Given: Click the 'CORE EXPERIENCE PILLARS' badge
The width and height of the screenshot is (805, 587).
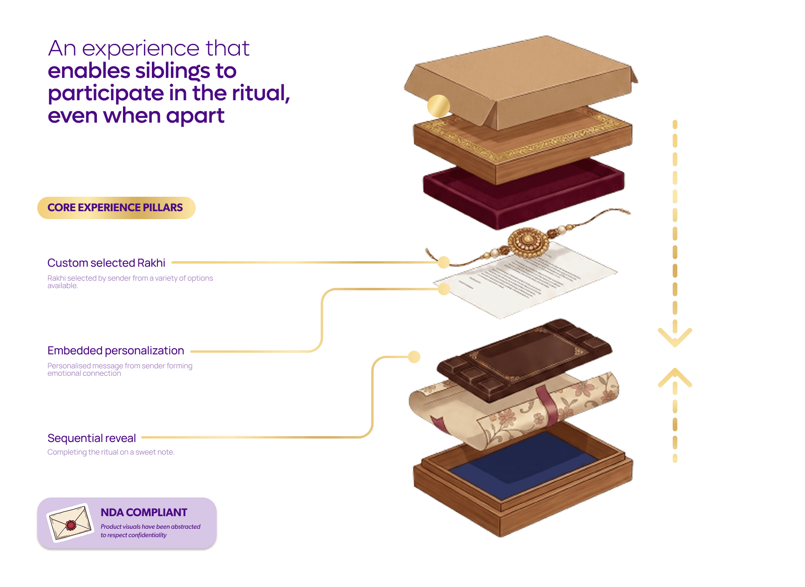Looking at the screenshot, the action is pos(116,207).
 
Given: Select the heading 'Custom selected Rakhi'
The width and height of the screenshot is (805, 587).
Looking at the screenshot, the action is pos(106,263).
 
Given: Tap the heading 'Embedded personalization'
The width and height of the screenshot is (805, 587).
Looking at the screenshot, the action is pos(116,351).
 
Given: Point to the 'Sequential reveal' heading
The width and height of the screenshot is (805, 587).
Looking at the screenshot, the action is pos(92,438).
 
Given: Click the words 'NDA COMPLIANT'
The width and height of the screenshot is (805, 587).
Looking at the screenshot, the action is pos(144,512).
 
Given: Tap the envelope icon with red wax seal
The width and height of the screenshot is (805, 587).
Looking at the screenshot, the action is pos(70,523).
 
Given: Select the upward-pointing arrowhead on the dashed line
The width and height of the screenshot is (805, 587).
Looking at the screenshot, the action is pos(675,377).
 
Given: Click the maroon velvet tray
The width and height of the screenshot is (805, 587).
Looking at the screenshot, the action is pos(524,193).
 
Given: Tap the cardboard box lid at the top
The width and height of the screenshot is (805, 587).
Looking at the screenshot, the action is pos(521,82).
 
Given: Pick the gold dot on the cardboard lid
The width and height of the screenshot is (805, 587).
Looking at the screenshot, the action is pos(438,106).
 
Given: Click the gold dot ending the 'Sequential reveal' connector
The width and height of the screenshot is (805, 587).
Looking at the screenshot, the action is pos(414,357).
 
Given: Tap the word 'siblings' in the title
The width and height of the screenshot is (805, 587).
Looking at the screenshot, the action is pos(172,71).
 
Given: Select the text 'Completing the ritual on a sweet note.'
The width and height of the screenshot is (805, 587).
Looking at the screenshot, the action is pos(111,452).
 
